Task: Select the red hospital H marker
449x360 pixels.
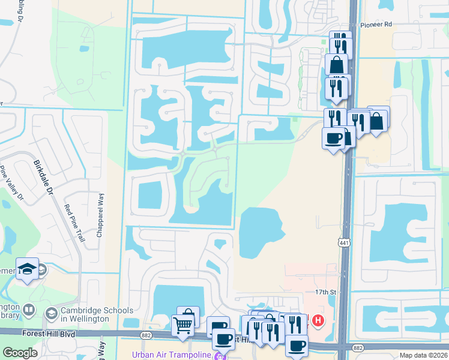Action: pos(318,322)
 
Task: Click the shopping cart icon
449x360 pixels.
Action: pos(182,325)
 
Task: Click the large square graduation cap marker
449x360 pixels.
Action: pos(27,269)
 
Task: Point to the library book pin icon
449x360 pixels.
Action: pos(28,310)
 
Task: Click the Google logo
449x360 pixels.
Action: pos(19,353)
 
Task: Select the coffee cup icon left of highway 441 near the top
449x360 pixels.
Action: pos(334,139)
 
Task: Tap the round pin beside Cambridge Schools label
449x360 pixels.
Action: pos(52,313)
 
